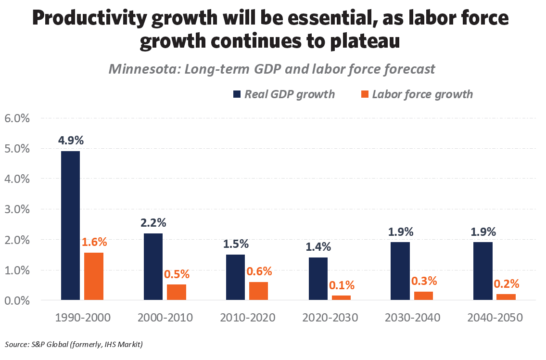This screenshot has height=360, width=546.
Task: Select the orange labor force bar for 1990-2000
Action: (x=94, y=276)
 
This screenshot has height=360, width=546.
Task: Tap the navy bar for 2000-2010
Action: (x=153, y=267)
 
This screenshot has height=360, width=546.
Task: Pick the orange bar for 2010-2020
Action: (x=258, y=291)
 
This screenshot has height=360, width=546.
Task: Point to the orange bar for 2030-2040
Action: (x=423, y=296)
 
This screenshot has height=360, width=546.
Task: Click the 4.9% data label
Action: (x=71, y=141)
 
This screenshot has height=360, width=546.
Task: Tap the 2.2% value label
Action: (x=153, y=223)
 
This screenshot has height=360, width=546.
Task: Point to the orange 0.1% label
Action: (x=342, y=285)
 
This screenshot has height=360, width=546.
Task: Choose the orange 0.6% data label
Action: (x=259, y=271)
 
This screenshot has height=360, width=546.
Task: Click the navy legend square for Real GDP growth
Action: (x=236, y=94)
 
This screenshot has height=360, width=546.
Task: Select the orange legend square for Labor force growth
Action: (x=364, y=94)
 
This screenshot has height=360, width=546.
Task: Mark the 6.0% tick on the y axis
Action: (x=17, y=118)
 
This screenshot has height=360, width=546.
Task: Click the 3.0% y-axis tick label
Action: (x=17, y=209)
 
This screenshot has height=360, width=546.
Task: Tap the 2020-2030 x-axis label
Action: (x=330, y=318)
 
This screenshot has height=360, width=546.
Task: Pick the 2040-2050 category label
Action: (x=495, y=318)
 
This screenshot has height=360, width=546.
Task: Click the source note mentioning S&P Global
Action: (x=74, y=344)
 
